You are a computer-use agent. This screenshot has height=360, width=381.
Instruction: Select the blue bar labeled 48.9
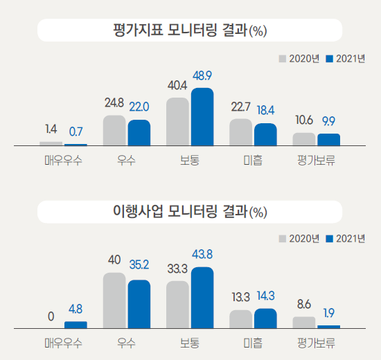(202, 117)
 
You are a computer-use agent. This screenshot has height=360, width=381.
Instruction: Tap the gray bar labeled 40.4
(178, 122)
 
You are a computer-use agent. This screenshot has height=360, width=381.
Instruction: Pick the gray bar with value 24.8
(114, 131)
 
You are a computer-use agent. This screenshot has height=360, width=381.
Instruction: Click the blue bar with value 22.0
(139, 133)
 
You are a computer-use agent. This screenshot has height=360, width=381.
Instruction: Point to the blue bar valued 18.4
(265, 135)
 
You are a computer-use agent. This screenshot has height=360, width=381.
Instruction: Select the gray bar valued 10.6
(303, 139)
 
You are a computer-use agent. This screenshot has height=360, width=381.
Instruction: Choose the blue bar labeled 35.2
(139, 303)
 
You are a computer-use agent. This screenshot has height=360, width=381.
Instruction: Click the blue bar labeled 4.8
(76, 324)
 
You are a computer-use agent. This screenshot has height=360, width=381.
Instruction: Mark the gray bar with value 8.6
(303, 322)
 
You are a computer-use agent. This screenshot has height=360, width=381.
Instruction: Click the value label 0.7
(76, 130)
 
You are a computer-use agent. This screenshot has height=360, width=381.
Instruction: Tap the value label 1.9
(329, 313)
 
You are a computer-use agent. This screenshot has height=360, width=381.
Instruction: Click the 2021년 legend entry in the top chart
(346, 59)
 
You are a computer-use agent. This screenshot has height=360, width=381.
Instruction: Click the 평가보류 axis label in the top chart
(317, 161)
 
